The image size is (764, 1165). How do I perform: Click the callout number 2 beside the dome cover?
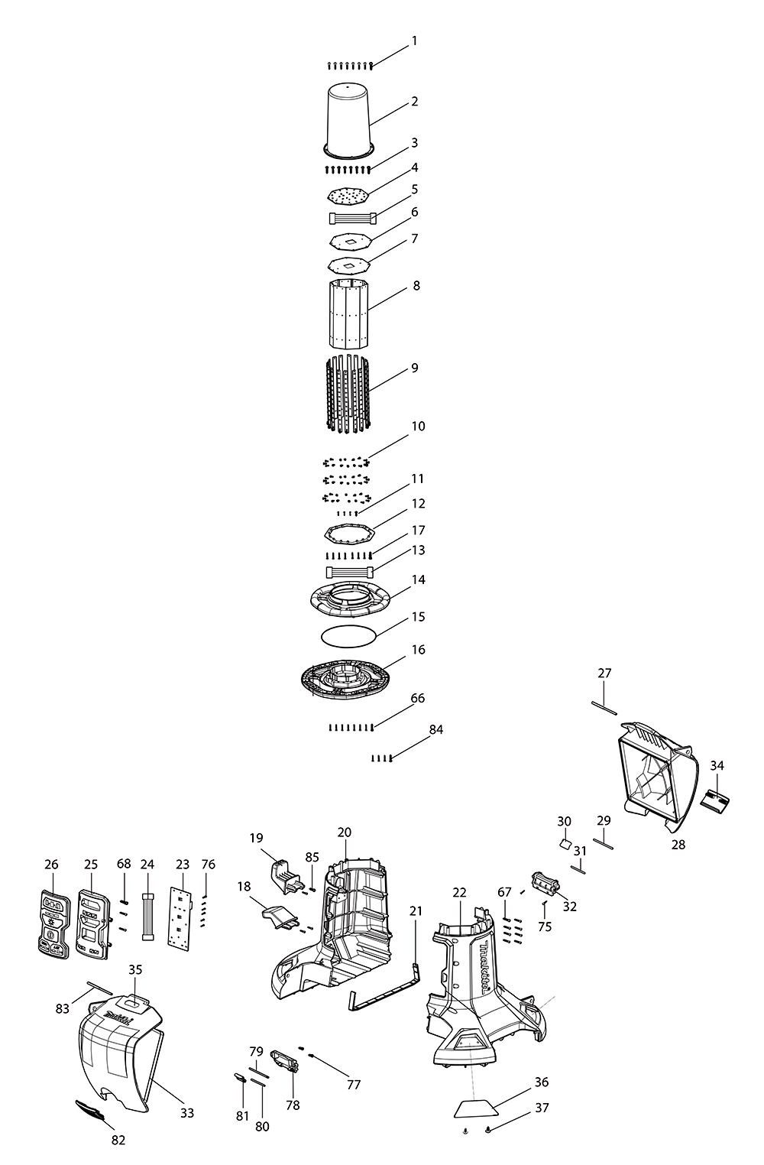click(415, 102)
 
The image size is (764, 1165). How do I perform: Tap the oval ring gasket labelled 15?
click(348, 634)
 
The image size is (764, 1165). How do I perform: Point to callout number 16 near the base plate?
click(418, 650)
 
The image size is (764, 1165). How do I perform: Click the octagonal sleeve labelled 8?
click(348, 313)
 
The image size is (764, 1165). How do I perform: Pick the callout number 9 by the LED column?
click(415, 368)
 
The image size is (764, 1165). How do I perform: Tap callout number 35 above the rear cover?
click(135, 969)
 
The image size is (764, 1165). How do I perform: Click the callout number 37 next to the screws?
click(542, 1108)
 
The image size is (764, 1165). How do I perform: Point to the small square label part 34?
click(716, 800)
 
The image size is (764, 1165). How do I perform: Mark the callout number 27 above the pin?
click(604, 673)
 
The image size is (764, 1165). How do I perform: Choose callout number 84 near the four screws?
click(435, 730)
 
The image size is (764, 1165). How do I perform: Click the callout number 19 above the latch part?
click(256, 837)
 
